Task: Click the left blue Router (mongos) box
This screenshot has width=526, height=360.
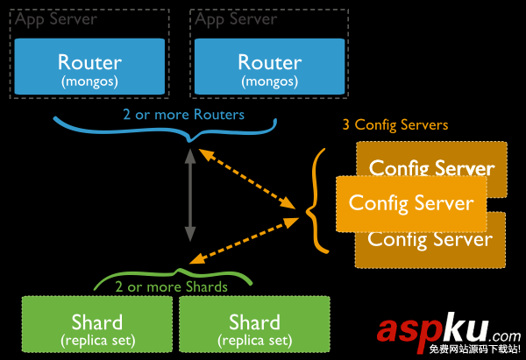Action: click(x=89, y=69)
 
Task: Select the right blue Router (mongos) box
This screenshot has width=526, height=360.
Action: click(x=269, y=69)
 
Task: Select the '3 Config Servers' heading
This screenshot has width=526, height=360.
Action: click(x=394, y=125)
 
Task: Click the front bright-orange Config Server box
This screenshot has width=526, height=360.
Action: click(x=411, y=202)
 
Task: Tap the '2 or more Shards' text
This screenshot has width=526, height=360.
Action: click(x=172, y=286)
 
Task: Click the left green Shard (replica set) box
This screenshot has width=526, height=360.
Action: click(x=96, y=327)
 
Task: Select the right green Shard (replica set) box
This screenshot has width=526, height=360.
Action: click(x=254, y=327)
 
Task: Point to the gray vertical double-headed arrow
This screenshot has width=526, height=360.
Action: click(x=189, y=195)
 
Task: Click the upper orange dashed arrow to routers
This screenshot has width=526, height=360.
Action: click(x=247, y=179)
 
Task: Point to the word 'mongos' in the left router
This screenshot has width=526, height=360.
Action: click(x=89, y=81)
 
